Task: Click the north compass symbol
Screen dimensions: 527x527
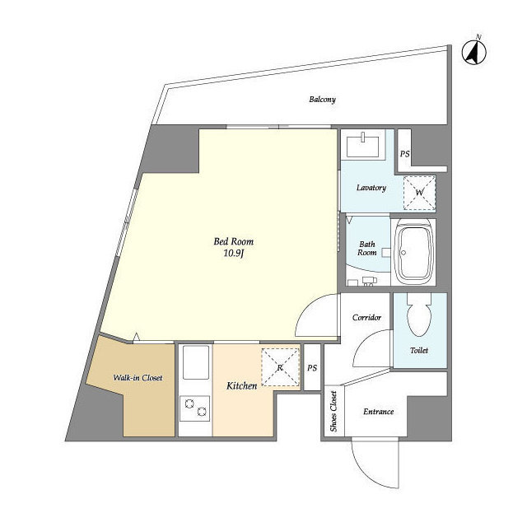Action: point(474,52)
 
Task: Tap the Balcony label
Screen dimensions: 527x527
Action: point(322,100)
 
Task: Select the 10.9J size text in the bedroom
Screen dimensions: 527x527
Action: point(234,253)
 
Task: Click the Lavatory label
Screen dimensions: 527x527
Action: point(371,188)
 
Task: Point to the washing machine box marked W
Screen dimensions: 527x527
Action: point(419,193)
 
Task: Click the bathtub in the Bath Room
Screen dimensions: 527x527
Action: point(413,252)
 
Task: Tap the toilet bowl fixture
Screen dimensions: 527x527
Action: point(419,315)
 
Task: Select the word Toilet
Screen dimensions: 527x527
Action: point(419,351)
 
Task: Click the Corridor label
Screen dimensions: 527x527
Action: point(366,318)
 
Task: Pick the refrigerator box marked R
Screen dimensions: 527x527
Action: point(280,367)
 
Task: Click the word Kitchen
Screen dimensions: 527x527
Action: point(241,386)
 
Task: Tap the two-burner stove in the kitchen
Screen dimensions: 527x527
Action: point(194,408)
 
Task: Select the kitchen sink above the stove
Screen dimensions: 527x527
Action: point(196,362)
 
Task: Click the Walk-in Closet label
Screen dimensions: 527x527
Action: point(138,378)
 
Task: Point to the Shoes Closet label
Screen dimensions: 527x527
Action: point(333,411)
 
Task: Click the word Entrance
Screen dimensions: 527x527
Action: point(379,412)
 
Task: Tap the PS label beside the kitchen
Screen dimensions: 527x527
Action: point(312,368)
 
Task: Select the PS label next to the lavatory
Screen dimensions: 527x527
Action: point(404,154)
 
